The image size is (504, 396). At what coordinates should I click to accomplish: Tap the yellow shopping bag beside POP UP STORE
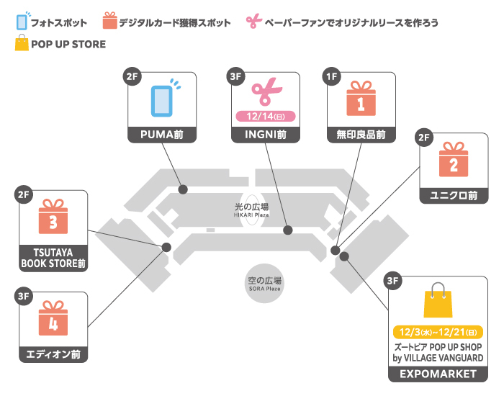pos(21,44)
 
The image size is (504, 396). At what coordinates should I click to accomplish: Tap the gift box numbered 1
pos(361,99)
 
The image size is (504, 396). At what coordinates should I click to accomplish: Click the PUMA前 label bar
pos(163,135)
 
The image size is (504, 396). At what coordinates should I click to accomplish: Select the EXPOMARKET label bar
pos(438,374)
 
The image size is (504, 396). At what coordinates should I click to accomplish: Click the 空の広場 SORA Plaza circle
pos(264,283)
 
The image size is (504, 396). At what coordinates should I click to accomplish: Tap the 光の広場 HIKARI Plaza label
pos(251,210)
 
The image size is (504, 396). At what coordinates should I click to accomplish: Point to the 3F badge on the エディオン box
pos(23,296)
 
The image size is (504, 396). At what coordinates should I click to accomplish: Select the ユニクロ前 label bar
pos(453,195)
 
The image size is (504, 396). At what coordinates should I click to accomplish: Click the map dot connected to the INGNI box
pos(288,230)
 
